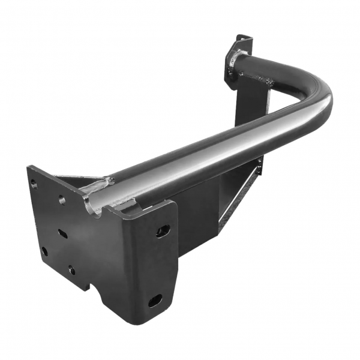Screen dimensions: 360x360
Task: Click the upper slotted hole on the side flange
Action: tap(163, 231)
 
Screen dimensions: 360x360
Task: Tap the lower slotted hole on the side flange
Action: tap(155, 300)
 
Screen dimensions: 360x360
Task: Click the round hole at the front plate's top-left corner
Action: tap(34, 184)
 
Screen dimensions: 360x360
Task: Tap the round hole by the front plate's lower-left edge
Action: tap(44, 251)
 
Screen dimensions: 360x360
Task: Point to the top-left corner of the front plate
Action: tap(28, 167)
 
